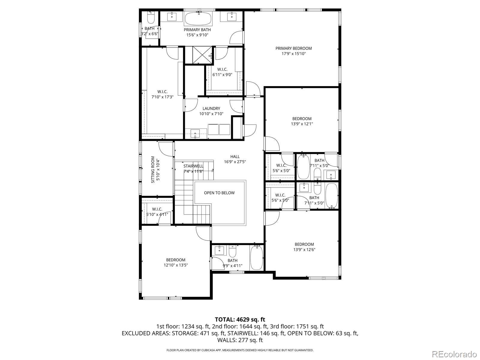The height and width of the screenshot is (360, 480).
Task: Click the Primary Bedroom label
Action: [x=293, y=48]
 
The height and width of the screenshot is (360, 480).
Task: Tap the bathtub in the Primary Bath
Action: [x=198, y=19]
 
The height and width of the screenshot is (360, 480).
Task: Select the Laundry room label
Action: [x=211, y=109]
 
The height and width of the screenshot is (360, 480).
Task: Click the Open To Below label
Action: [x=219, y=193]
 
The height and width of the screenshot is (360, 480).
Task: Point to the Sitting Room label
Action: [x=153, y=169]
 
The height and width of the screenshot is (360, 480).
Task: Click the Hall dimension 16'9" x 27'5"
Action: [x=235, y=162]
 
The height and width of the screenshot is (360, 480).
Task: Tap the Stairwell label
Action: [x=193, y=166]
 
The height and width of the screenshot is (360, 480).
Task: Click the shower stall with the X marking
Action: [x=198, y=55]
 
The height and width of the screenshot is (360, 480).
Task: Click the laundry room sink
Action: [x=195, y=132]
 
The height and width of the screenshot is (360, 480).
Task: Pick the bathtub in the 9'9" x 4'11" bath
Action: [x=256, y=257]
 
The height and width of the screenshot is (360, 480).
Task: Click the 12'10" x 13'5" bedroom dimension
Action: [x=176, y=265]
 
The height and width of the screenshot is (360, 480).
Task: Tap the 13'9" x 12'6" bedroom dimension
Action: [x=304, y=250]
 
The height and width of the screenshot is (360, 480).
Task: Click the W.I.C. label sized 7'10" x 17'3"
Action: [x=162, y=92]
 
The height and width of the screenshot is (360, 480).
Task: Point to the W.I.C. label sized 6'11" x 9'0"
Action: [x=222, y=70]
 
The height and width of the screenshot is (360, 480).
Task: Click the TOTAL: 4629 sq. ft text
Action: [x=240, y=319]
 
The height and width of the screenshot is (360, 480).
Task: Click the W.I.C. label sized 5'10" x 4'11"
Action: [x=157, y=209]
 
